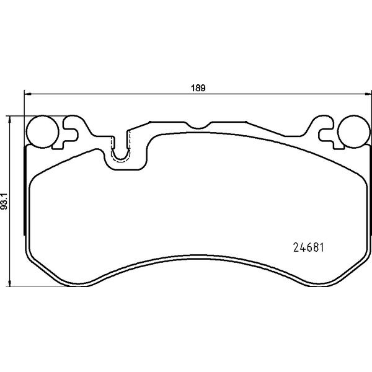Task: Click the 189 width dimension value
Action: [198, 88]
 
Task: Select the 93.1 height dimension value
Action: [4, 201]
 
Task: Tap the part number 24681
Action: [309, 247]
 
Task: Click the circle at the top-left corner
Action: [42, 131]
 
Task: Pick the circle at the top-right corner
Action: [353, 131]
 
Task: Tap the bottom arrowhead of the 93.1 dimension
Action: [9, 283]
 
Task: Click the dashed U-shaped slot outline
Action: [121, 161]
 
